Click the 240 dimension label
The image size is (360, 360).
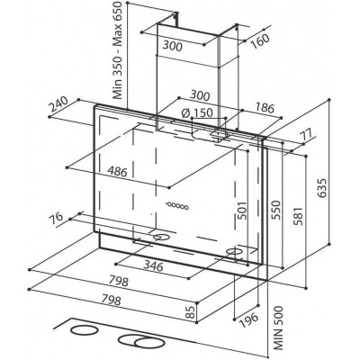click(57, 104)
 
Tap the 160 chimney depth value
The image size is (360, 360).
click(260, 41)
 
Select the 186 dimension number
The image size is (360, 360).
click(265, 108)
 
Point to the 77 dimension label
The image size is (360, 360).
click(307, 134)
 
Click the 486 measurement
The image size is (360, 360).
click(118, 172)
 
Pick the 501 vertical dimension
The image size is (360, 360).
click(242, 210)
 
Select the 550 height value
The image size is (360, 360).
click(275, 210)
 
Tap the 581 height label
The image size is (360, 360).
click(299, 216)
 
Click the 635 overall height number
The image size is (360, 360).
click(322, 188)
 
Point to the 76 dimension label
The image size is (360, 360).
click(56, 217)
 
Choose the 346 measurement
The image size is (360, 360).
click(153, 265)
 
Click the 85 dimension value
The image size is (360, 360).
click(190, 312)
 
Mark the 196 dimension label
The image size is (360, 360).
click(248, 321)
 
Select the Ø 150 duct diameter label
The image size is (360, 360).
click(197, 112)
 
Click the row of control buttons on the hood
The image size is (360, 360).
click(177, 205)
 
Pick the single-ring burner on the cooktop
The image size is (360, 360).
click(85, 330)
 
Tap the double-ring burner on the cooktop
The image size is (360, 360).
click(141, 341)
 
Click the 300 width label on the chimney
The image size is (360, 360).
click(173, 46)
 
